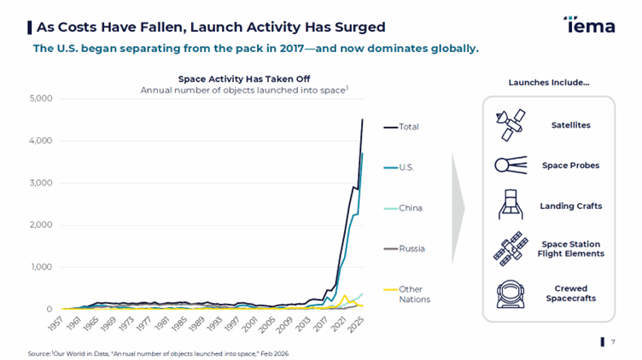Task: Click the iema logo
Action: click(x=589, y=25)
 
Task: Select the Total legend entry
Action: click(x=401, y=127)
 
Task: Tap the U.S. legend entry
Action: click(x=399, y=167)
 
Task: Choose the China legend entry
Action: click(x=403, y=208)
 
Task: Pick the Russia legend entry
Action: click(x=404, y=248)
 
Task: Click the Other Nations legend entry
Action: click(x=407, y=294)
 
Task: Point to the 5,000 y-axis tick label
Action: click(x=40, y=99)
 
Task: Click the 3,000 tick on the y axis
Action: click(x=40, y=183)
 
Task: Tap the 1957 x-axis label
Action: click(x=55, y=324)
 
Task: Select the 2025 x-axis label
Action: click(x=355, y=324)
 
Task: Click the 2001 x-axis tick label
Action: click(x=250, y=324)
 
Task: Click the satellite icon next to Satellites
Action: click(x=511, y=125)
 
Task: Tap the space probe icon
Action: click(x=511, y=165)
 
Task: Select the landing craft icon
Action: click(x=511, y=204)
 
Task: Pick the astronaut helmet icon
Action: click(x=511, y=293)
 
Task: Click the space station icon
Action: click(x=511, y=249)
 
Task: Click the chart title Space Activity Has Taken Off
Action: click(x=244, y=79)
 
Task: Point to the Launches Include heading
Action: click(x=549, y=83)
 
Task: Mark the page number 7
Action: click(x=613, y=342)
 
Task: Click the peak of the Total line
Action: click(x=362, y=119)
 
